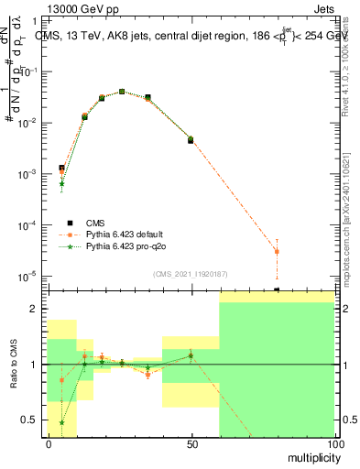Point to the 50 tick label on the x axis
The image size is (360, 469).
(191, 443)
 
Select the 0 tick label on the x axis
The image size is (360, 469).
(49, 443)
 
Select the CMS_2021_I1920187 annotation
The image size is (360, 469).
(191, 273)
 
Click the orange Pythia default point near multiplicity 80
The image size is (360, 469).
(277, 251)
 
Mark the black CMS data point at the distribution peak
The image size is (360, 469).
(122, 92)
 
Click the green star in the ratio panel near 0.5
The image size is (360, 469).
(61, 422)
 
